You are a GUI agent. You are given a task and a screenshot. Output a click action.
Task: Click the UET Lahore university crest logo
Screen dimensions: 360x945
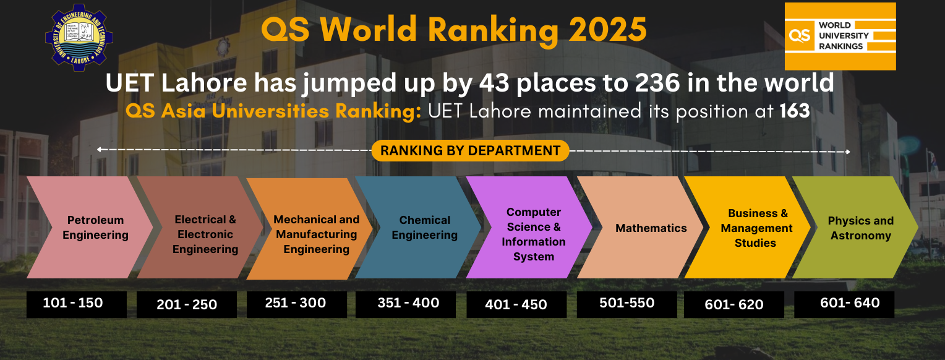tap(79, 37)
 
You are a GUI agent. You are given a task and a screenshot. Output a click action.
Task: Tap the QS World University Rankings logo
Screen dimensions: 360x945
tap(840, 36)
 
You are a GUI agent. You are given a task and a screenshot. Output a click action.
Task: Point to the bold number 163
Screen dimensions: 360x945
tap(795, 112)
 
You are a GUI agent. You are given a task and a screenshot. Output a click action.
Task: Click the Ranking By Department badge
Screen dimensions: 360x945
tap(470, 150)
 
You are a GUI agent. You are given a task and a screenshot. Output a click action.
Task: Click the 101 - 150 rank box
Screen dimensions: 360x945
tap(76, 304)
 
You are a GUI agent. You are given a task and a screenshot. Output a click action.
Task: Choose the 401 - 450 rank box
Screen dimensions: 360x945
tap(516, 305)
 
